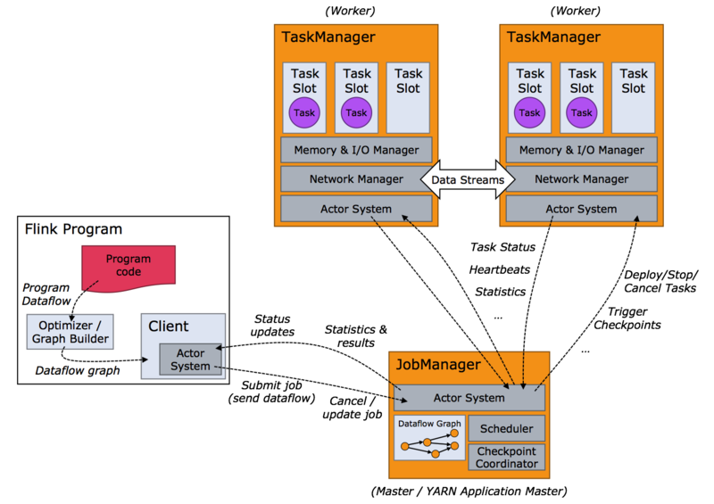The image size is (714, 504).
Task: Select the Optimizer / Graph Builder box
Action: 70,332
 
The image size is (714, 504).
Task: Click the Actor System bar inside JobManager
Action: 469,398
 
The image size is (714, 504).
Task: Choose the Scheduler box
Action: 505,428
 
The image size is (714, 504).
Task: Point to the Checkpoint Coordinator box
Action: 505,457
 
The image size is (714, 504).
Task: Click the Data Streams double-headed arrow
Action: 469,180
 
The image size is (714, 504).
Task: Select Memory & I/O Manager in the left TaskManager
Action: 356,150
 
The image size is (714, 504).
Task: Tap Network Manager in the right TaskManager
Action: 581,179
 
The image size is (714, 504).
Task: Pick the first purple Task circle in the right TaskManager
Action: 529,112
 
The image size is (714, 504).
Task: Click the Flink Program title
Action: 73,229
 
